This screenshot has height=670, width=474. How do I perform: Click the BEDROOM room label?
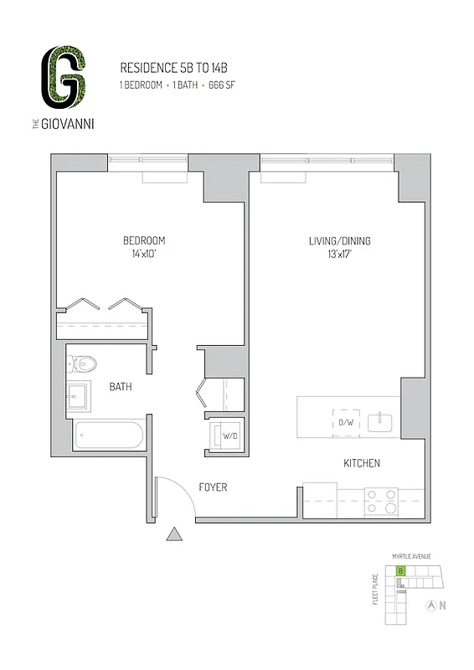click(144, 241)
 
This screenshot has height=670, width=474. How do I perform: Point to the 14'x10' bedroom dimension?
click(144, 255)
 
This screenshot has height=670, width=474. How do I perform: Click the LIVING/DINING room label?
click(340, 241)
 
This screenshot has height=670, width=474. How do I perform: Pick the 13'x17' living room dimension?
click(340, 255)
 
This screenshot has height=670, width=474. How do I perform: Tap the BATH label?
click(121, 388)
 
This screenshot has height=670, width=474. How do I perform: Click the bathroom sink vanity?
click(81, 396)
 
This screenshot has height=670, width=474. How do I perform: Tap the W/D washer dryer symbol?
click(228, 435)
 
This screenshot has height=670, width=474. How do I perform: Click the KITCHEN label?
click(362, 463)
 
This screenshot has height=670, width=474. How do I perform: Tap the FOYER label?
click(213, 487)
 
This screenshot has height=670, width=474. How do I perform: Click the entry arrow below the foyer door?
click(174, 533)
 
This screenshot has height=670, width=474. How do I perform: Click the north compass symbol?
click(432, 605)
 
